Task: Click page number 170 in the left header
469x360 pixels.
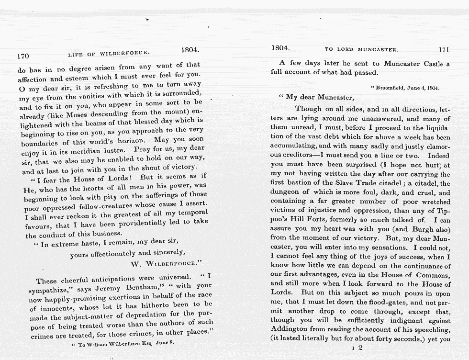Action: (23, 56)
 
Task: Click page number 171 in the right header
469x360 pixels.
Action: (444, 49)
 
